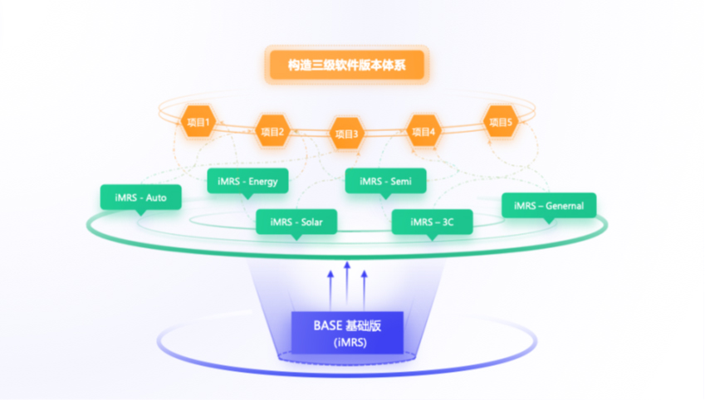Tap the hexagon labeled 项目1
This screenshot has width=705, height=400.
(198, 122)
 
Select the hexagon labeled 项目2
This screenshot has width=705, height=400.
(272, 130)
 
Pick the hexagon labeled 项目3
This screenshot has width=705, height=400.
(346, 133)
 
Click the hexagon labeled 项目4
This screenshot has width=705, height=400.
(422, 130)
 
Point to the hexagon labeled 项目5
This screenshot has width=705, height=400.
(501, 121)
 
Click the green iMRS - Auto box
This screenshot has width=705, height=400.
(140, 198)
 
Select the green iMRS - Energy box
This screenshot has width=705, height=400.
(247, 181)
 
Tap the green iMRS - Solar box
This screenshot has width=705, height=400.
(296, 222)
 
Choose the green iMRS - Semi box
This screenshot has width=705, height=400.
(385, 180)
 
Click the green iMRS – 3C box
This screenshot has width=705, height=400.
(432, 222)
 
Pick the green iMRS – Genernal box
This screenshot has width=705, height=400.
(549, 205)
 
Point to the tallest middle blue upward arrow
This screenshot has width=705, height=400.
(347, 282)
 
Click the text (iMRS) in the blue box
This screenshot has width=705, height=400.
(347, 341)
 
